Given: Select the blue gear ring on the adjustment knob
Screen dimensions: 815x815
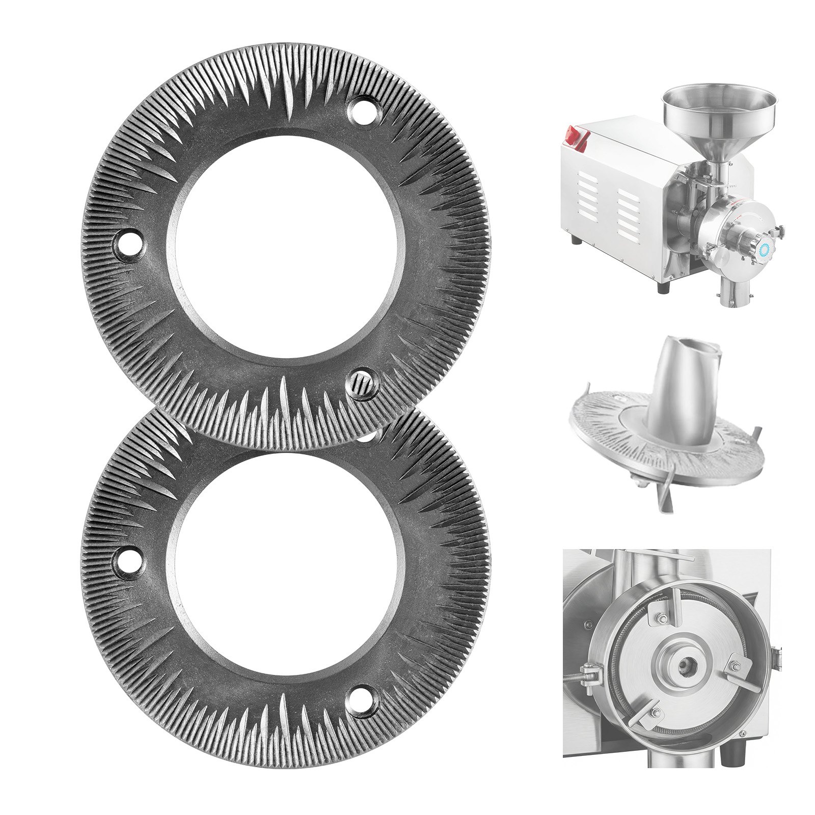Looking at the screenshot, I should pos(764,250).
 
